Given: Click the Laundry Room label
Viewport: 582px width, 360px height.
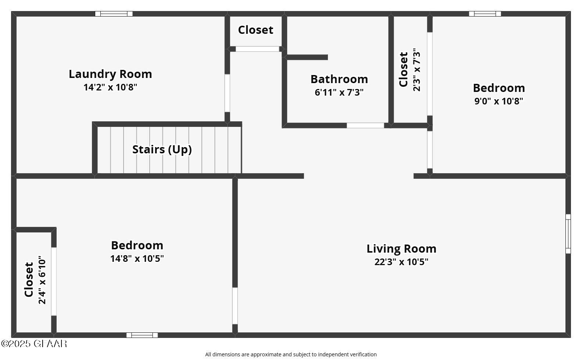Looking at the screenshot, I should pyautogui.click(x=110, y=74).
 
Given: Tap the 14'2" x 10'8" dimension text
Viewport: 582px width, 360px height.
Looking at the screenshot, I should pyautogui.click(x=110, y=88).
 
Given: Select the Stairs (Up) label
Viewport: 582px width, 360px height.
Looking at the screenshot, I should pyautogui.click(x=162, y=149).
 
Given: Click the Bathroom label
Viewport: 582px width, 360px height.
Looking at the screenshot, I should pyautogui.click(x=339, y=79).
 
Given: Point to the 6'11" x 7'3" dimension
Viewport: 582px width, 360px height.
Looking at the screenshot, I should pyautogui.click(x=339, y=92).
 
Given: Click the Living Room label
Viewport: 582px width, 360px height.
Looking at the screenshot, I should pyautogui.click(x=401, y=249).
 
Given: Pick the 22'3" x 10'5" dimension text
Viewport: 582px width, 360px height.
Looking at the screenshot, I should pyautogui.click(x=401, y=262).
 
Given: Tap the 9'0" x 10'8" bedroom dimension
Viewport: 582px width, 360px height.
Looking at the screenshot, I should pyautogui.click(x=499, y=101).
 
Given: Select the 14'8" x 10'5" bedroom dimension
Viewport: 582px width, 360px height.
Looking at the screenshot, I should pyautogui.click(x=137, y=259).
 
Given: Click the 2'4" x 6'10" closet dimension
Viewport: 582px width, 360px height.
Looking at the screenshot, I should pyautogui.click(x=43, y=280).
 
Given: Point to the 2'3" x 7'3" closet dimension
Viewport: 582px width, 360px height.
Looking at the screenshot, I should pyautogui.click(x=417, y=69).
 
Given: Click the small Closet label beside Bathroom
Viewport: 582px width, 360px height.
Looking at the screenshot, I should pyautogui.click(x=256, y=30).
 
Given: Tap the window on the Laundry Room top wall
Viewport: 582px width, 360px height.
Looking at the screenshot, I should pyautogui.click(x=114, y=14).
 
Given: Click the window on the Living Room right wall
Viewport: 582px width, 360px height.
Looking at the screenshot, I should pyautogui.click(x=568, y=234).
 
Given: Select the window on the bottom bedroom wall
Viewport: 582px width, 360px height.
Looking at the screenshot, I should pyautogui.click(x=142, y=335).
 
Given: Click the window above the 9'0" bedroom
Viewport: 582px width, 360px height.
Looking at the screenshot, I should pyautogui.click(x=485, y=14).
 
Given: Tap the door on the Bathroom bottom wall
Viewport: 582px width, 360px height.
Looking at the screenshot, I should pyautogui.click(x=365, y=125).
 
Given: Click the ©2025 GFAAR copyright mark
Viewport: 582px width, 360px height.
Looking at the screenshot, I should pyautogui.click(x=34, y=344).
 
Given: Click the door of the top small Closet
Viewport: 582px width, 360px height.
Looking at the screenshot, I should pyautogui.click(x=257, y=49).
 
